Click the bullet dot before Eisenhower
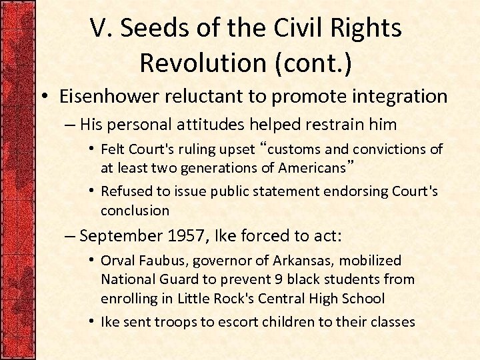point(45,97)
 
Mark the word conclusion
point(135,210)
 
